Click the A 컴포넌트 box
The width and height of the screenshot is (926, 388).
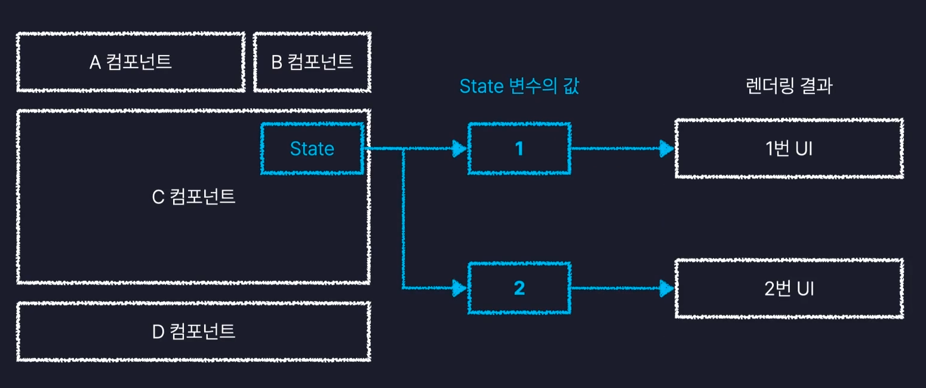131,62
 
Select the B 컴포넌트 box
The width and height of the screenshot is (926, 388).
312,62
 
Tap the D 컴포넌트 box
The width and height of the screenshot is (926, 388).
194,331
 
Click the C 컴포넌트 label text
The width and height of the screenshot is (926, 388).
194,197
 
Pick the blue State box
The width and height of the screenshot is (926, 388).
312,148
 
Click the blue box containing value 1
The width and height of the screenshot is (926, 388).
519,148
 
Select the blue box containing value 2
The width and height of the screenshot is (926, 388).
519,289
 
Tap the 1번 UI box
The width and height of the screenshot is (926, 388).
789,148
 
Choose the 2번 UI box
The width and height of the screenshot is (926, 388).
789,289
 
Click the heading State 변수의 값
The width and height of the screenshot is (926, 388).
519,87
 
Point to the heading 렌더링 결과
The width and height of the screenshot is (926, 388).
789,87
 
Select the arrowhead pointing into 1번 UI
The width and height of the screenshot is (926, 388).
666,148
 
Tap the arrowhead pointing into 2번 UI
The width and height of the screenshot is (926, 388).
666,289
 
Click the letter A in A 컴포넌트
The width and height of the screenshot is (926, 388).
95,62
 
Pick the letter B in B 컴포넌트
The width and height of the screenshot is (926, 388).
277,62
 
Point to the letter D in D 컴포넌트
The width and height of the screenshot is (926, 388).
158,331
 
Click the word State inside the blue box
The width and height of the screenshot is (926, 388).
312,148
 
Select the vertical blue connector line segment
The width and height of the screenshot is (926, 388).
404,221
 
